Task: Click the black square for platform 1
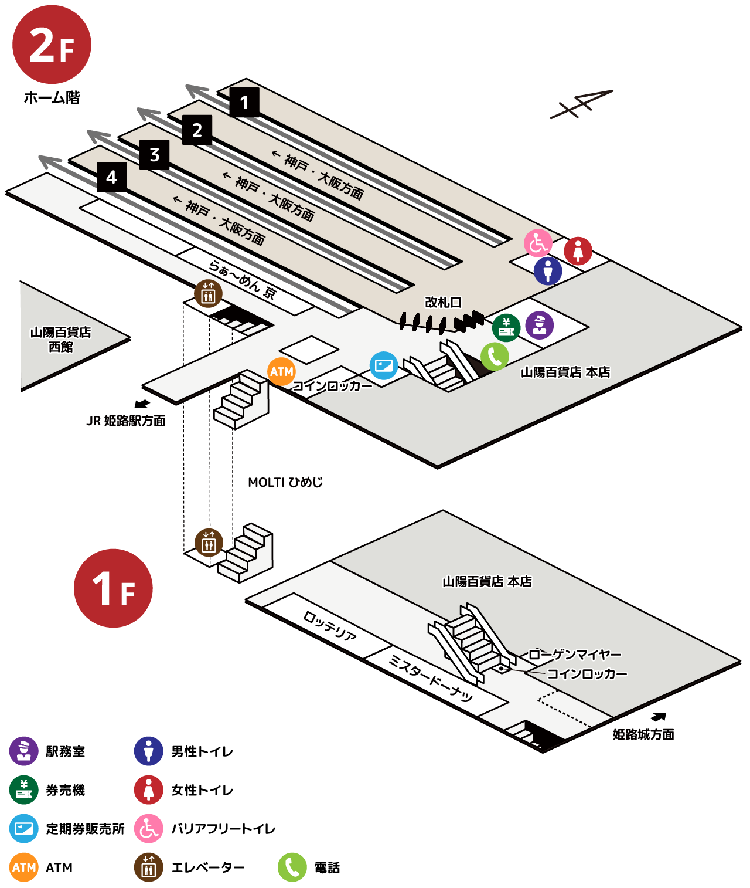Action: click(x=244, y=102)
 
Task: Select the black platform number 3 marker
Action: click(x=155, y=155)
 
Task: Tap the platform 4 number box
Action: click(x=111, y=177)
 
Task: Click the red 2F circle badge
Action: click(x=52, y=45)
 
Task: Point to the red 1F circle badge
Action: click(x=113, y=588)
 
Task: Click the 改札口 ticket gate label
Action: click(x=443, y=303)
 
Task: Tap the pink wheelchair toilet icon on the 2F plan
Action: click(x=538, y=243)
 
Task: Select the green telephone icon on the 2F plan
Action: click(x=495, y=356)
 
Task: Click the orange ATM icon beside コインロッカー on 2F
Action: click(x=281, y=372)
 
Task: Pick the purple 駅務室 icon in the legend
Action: click(x=23, y=751)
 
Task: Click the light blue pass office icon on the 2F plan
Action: click(x=383, y=365)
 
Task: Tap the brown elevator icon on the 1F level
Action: click(x=209, y=543)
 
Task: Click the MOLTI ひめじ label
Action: click(x=285, y=483)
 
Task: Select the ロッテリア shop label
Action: click(x=330, y=626)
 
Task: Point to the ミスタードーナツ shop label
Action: click(x=431, y=679)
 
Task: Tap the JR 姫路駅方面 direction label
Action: click(x=126, y=421)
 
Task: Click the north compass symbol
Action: click(x=581, y=104)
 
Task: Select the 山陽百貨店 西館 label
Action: click(x=60, y=340)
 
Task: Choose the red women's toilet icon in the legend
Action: click(x=149, y=789)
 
